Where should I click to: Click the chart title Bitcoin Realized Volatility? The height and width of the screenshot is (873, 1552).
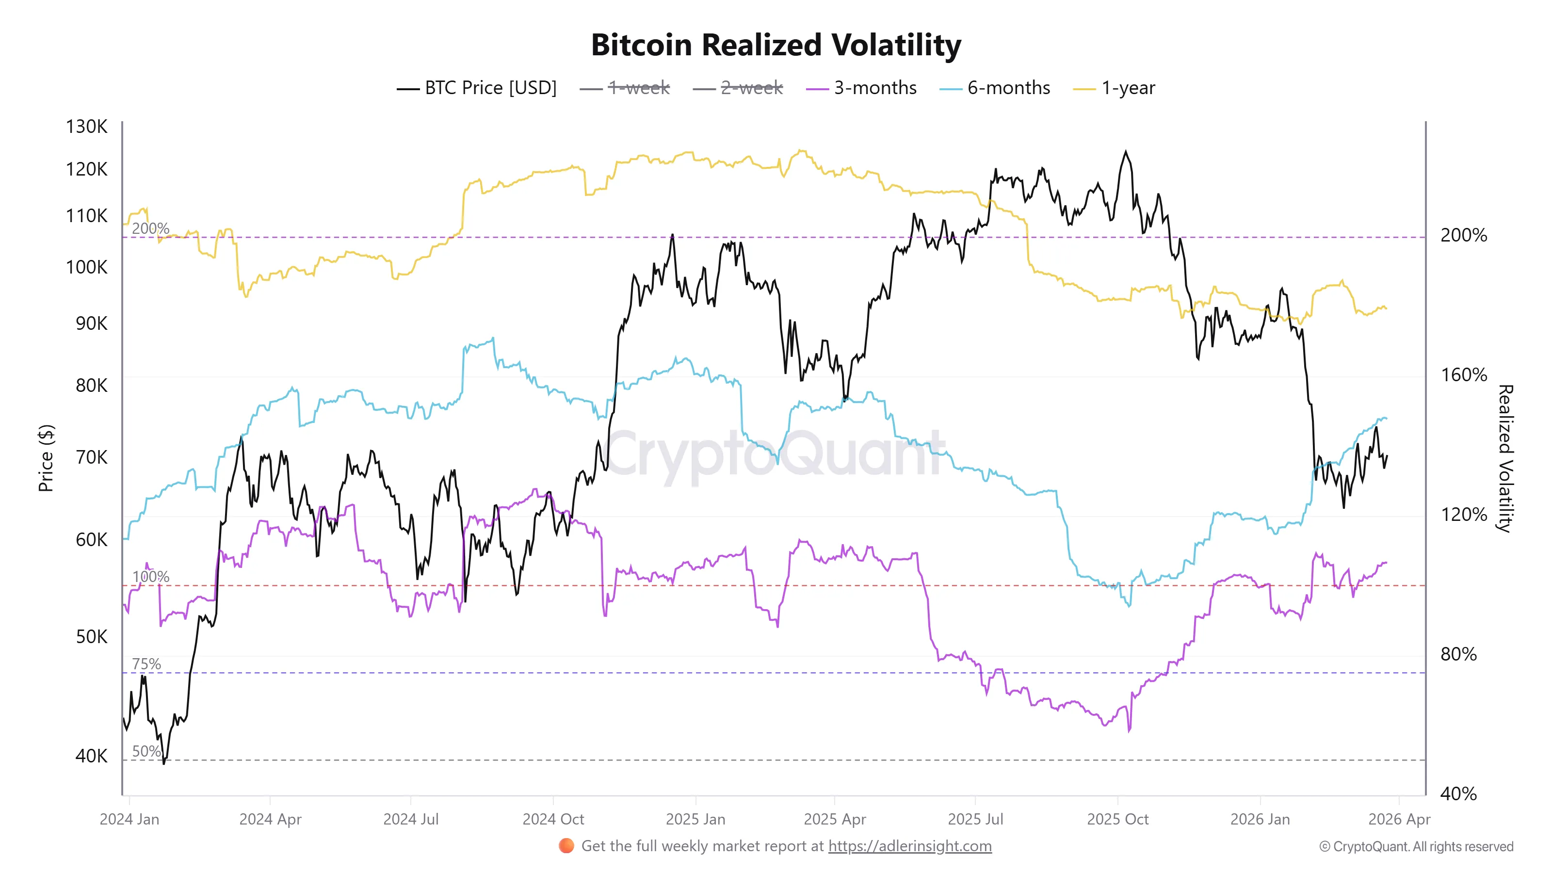click(776, 45)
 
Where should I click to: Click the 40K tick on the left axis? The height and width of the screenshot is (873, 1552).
click(91, 756)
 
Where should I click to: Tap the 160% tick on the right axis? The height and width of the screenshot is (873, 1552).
click(1463, 375)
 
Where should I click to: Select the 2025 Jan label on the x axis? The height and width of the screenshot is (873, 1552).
click(695, 819)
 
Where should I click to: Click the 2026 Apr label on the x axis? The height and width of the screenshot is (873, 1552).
click(1399, 819)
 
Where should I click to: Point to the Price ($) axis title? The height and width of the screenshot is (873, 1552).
click(46, 458)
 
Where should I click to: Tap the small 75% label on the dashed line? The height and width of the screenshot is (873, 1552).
click(146, 664)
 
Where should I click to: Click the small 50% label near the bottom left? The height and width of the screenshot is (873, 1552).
click(146, 751)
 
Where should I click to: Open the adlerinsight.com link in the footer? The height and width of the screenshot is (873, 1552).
click(909, 846)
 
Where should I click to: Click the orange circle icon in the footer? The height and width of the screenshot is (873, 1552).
click(566, 846)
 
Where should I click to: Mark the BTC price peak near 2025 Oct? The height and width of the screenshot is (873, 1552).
click(1125, 152)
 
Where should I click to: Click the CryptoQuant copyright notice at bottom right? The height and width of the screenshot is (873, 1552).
click(1416, 846)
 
